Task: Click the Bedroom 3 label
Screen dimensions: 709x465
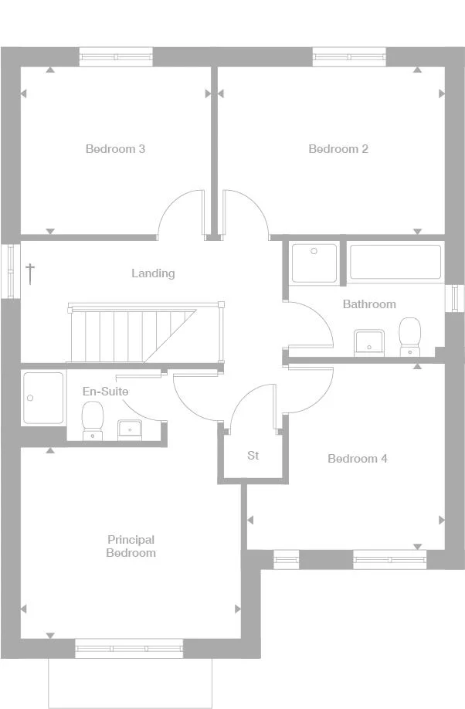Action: [115, 149]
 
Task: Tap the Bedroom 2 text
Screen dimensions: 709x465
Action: [338, 149]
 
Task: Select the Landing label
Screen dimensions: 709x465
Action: [153, 273]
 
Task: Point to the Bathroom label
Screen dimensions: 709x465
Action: [369, 304]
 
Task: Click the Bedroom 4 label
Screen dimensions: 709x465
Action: [358, 459]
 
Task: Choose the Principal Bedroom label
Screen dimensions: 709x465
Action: [131, 546]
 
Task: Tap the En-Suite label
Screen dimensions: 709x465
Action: [105, 392]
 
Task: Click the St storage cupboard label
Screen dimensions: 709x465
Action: [253, 456]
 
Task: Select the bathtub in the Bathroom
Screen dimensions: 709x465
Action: [395, 262]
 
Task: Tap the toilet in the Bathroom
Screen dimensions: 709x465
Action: [409, 337]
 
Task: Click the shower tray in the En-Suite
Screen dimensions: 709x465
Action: [42, 398]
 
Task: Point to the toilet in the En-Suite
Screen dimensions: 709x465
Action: [93, 422]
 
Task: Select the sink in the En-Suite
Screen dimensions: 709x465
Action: [128, 428]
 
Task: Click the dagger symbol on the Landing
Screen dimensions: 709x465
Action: [30, 273]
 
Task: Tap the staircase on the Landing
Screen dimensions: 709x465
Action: [131, 332]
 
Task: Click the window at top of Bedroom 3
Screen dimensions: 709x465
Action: [117, 57]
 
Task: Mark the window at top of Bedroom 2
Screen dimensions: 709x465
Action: [348, 57]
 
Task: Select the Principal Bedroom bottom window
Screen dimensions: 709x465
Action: [129, 648]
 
